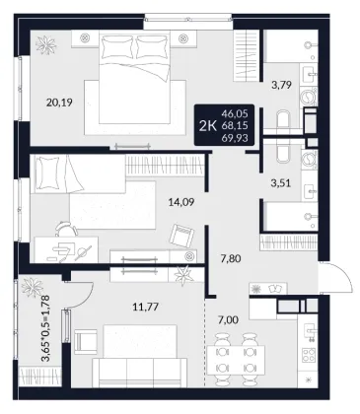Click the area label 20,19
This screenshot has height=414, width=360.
[59, 103]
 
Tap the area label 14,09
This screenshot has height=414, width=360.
[181, 202]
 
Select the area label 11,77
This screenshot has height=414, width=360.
[146, 307]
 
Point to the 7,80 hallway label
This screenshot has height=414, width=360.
[230, 258]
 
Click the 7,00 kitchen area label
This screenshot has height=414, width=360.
[229, 319]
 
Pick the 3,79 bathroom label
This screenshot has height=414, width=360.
[281, 85]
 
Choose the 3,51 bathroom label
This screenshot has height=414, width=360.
[281, 183]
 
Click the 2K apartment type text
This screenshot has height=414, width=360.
[208, 125]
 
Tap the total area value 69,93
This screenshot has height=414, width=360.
[235, 138]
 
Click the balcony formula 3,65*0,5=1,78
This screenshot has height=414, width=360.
[45, 328]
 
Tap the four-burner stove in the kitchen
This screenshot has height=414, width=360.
[309, 355]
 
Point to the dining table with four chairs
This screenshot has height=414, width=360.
[236, 359]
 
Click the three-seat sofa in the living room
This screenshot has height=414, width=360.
[140, 373]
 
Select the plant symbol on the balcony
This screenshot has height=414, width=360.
[32, 287]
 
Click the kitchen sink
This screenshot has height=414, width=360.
[309, 332]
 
